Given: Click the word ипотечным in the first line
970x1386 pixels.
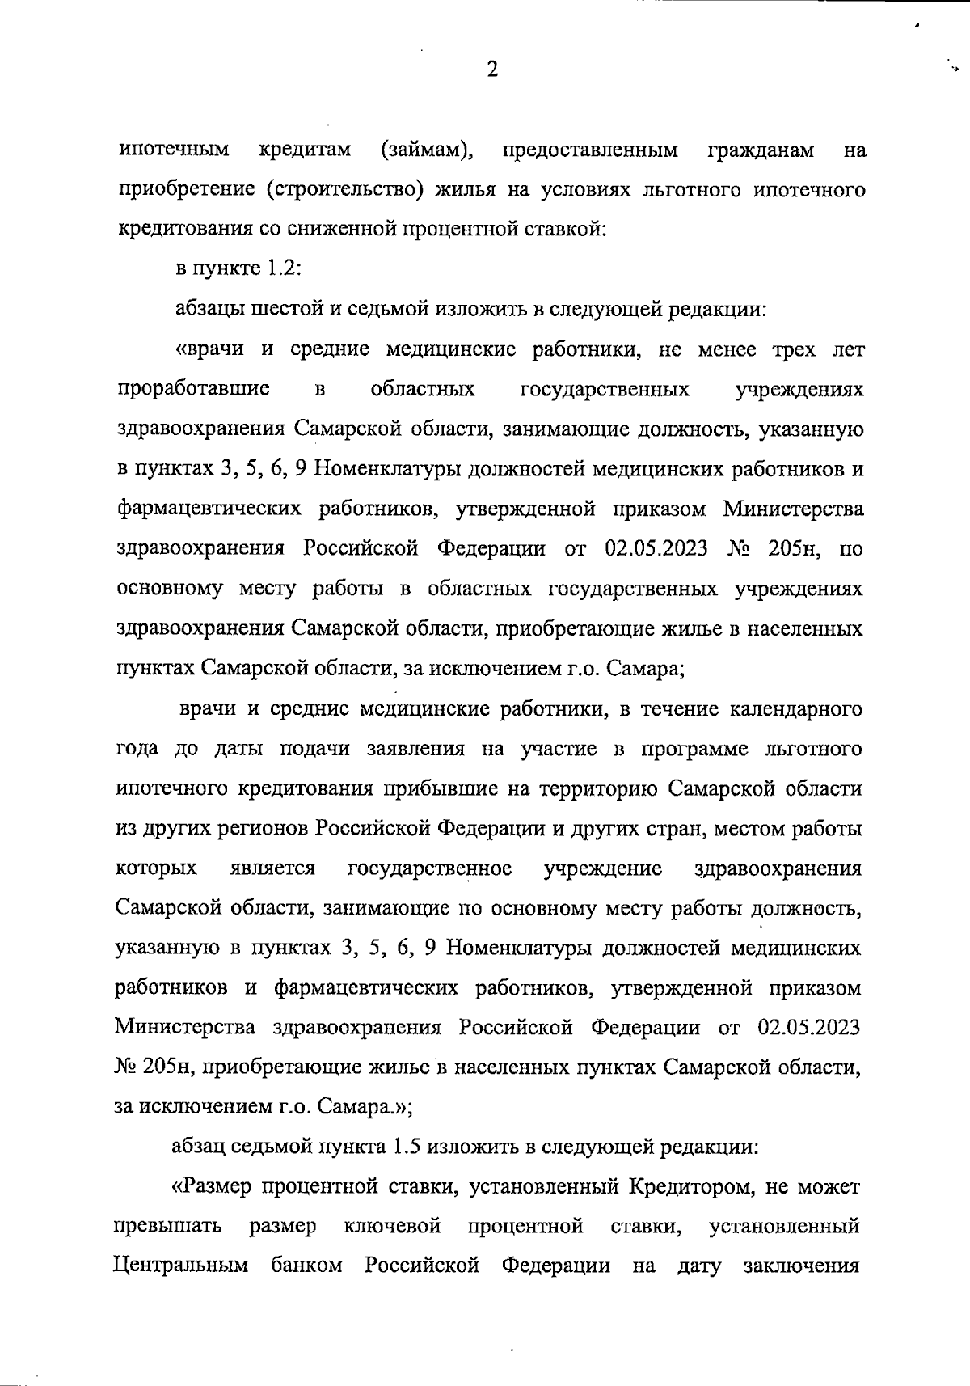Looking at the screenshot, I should click(174, 150).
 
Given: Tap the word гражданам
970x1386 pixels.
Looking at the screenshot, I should click(760, 150).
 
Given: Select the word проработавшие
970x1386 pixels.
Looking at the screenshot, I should click(193, 390).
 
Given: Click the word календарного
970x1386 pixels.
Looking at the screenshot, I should click(795, 709).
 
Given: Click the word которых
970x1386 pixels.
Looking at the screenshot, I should click(156, 868).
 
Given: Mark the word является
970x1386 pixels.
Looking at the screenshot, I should click(272, 868).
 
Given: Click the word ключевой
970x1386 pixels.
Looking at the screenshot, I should click(392, 1227).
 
